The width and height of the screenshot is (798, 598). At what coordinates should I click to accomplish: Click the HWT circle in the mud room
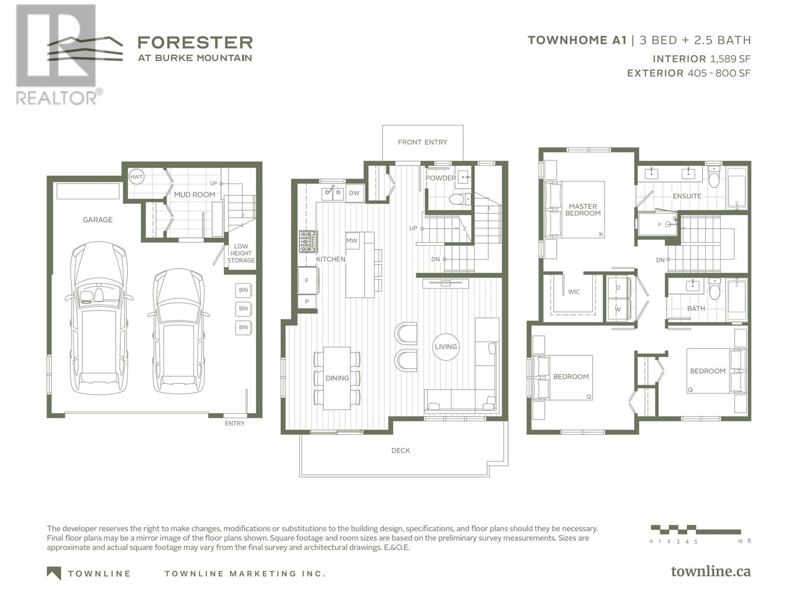[136, 177]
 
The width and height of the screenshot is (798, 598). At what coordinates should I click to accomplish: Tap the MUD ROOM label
[195, 195]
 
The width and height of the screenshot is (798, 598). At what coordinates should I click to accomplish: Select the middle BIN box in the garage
[243, 308]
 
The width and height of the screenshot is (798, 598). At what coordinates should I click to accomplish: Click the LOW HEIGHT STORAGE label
[241, 253]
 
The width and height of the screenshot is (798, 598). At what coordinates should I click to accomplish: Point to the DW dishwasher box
[354, 193]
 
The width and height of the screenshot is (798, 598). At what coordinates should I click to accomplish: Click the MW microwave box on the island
[352, 241]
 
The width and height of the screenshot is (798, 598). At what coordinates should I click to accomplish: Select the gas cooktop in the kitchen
[308, 242]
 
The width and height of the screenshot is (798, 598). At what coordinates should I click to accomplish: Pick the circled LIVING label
[446, 347]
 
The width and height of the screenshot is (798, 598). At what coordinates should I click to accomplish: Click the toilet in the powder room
[460, 199]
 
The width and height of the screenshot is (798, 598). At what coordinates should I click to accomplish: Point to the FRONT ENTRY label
[422, 143]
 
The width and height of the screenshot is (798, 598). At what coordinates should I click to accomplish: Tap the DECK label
[400, 450]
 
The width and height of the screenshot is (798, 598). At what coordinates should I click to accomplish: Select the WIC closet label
[574, 292]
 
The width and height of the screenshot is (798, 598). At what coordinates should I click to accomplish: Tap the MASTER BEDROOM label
[583, 210]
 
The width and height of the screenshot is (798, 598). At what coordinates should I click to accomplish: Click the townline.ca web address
[711, 572]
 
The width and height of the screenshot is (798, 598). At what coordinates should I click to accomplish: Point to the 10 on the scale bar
[740, 541]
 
